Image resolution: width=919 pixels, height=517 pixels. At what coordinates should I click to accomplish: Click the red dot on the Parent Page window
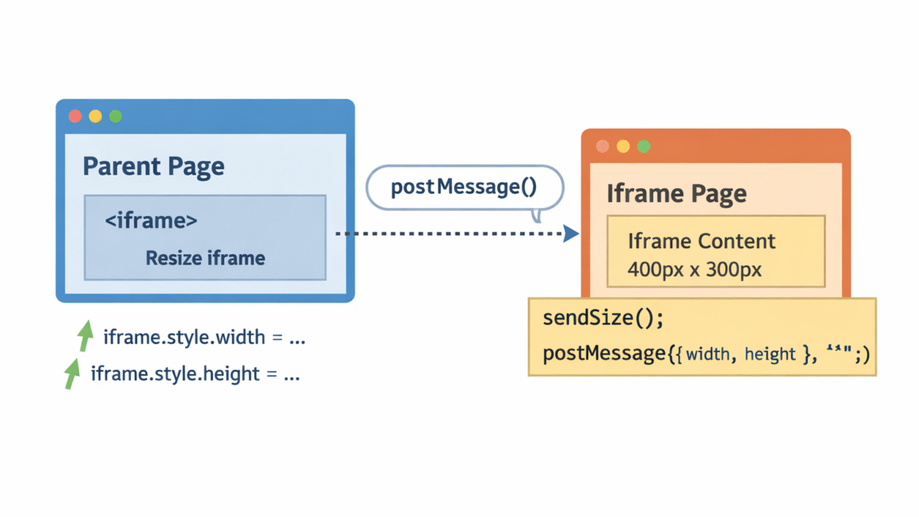(75, 116)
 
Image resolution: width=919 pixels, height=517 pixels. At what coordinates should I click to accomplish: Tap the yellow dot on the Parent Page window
(95, 116)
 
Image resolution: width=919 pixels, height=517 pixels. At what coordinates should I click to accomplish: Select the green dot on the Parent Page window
(116, 116)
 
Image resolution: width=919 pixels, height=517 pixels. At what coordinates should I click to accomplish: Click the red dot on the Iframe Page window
(603, 146)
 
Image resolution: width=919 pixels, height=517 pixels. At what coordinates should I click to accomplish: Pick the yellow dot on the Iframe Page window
(623, 146)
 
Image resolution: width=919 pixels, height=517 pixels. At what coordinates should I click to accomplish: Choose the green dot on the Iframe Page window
(644, 146)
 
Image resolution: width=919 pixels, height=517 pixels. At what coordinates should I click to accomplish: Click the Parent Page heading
(153, 166)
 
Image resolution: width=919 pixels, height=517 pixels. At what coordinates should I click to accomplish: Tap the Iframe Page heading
(676, 194)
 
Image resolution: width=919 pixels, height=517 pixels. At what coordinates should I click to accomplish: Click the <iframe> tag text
(151, 221)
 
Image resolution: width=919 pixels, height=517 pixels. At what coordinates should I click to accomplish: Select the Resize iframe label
(205, 258)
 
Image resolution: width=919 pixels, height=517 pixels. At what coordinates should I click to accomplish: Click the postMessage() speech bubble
(465, 188)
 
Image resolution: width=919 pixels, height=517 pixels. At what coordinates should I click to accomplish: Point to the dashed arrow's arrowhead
(571, 234)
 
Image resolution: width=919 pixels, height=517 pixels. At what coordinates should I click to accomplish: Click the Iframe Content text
(702, 241)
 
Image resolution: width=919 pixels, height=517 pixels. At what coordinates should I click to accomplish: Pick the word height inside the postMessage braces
(770, 354)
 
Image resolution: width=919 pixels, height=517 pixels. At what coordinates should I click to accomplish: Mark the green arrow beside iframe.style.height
(72, 373)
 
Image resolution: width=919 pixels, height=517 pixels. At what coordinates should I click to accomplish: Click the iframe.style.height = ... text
(195, 374)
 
